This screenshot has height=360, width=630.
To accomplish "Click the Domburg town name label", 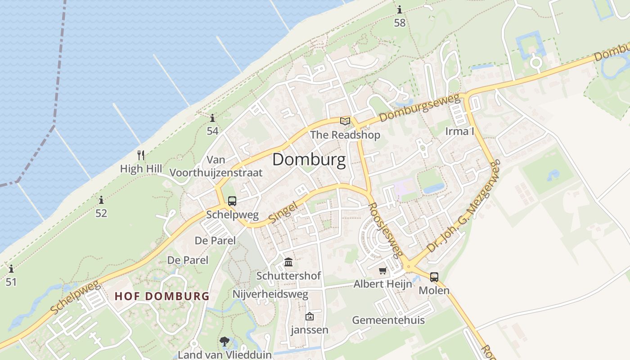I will pyautogui.click(x=309, y=160).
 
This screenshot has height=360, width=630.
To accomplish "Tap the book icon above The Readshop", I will pyautogui.click(x=345, y=121).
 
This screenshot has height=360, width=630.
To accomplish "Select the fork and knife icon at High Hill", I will pyautogui.click(x=141, y=155).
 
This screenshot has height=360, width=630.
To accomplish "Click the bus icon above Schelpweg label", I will pyautogui.click(x=232, y=201).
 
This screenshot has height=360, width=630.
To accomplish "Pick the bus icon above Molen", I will pyautogui.click(x=434, y=277).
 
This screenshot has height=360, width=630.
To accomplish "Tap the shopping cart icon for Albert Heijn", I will pyautogui.click(x=383, y=270).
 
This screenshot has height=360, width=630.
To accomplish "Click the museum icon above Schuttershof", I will pyautogui.click(x=288, y=262).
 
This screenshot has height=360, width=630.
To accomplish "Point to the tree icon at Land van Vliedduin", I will pyautogui.click(x=225, y=342).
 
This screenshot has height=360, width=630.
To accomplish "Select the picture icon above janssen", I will pyautogui.click(x=309, y=316).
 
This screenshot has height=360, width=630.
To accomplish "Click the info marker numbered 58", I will pyautogui.click(x=400, y=9).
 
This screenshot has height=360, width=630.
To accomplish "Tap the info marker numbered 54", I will pyautogui.click(x=212, y=118).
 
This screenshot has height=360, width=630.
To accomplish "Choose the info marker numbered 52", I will pyautogui.click(x=101, y=200).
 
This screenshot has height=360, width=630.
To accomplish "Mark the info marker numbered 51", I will pyautogui.click(x=11, y=269).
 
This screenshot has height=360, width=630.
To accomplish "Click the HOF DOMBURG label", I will pyautogui.click(x=162, y=296).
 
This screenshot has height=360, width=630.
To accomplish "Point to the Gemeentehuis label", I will pyautogui.click(x=388, y=320).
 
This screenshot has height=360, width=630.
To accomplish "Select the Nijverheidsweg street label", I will pyautogui.click(x=270, y=294).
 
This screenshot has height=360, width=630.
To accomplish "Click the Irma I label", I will pyautogui.click(x=460, y=131).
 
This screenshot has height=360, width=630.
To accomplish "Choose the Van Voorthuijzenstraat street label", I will pyautogui.click(x=216, y=166).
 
